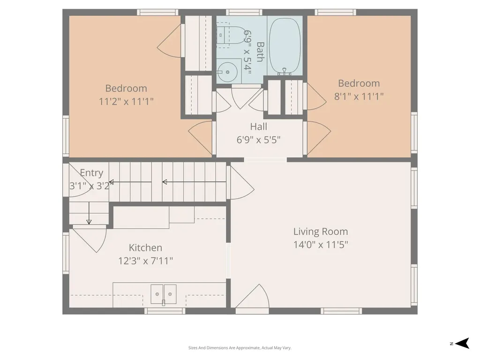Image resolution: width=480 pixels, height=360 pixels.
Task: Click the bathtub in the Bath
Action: (285, 46)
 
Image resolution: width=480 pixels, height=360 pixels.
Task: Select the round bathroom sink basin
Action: (227, 72)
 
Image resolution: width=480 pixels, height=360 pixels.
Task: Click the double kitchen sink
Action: (164, 294)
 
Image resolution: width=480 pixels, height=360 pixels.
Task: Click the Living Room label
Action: (321, 232)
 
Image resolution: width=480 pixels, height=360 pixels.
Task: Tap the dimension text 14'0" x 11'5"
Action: (321, 245)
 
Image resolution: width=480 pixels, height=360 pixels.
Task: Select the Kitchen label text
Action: (145, 247)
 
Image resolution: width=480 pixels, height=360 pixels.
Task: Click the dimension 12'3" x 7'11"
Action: (145, 261)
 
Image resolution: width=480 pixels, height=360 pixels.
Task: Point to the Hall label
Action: (259, 127)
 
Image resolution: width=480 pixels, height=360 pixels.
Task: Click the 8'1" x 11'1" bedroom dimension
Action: (359, 97)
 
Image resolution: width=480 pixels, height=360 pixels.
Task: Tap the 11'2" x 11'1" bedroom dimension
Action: (126, 101)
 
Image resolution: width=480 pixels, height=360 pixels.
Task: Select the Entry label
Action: (91, 173)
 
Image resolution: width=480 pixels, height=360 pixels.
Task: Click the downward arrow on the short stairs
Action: (89, 213)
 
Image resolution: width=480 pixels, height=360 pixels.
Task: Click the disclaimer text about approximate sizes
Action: (240, 348)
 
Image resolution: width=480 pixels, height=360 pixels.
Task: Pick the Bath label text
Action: (260, 52)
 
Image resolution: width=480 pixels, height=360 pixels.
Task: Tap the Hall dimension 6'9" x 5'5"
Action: (259, 140)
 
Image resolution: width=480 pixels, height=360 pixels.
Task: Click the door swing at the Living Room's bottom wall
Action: (252, 296)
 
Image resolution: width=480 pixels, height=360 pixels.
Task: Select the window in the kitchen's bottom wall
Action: (165, 311)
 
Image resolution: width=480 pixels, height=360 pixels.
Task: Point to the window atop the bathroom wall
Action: (244, 12)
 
